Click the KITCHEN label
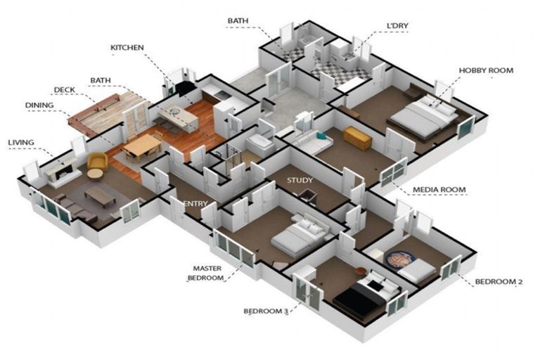[x=127, y=48]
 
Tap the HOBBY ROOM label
[x=486, y=70]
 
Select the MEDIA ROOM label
[x=439, y=189]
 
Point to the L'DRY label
[x=397, y=25]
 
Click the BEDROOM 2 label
[x=499, y=281]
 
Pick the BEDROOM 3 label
[x=266, y=311]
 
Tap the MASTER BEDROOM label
[x=207, y=273]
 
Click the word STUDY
[x=300, y=180]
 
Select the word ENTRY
[x=195, y=204]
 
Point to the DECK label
[x=65, y=90]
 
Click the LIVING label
[x=21, y=142]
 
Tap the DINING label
[x=39, y=105]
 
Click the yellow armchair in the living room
[x=97, y=162]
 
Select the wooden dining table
[x=142, y=146]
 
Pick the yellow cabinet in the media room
[x=357, y=138]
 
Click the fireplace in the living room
[x=61, y=172]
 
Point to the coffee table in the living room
[x=101, y=196]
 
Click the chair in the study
[x=308, y=195]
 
